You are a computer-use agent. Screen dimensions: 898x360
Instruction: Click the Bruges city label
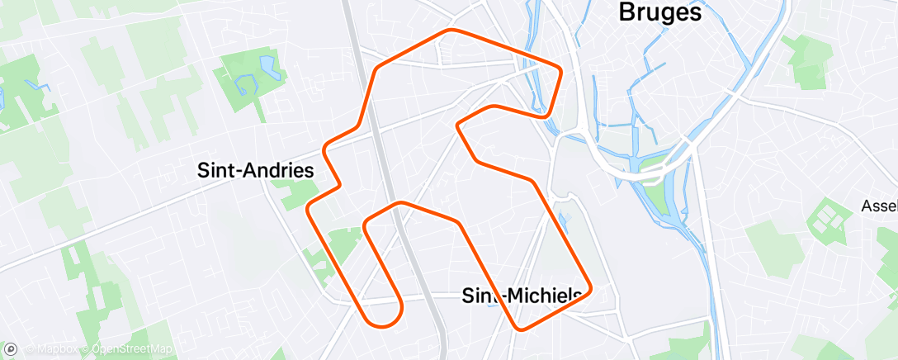[659, 13]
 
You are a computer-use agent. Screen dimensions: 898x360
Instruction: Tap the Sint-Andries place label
[256, 171]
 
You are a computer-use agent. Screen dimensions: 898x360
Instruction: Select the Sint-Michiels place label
[522, 295]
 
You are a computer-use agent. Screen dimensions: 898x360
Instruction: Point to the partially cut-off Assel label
[879, 205]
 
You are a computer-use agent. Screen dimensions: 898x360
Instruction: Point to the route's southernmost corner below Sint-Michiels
[519, 329]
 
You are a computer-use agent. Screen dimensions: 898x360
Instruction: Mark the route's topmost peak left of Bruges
[451, 31]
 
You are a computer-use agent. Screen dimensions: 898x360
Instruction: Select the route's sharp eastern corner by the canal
[560, 69]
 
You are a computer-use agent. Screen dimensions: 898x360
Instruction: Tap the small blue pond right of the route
[565, 218]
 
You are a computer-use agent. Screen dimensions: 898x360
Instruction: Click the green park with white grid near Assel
[826, 219]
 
